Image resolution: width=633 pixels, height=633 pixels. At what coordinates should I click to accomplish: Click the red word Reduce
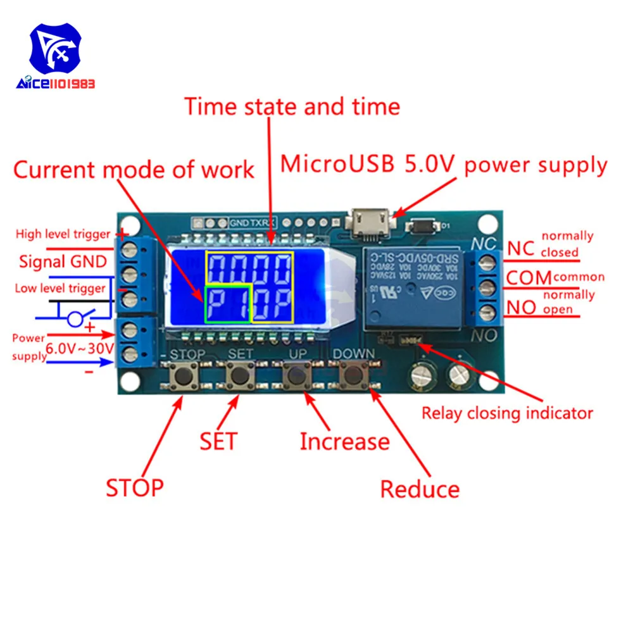(420, 489)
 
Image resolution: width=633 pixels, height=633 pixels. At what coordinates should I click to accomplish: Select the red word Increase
(344, 441)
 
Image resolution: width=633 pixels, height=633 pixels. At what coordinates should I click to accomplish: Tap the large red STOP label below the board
(134, 487)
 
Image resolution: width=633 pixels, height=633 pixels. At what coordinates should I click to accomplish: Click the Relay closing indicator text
(507, 413)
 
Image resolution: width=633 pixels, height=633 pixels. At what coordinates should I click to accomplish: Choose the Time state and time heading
(292, 106)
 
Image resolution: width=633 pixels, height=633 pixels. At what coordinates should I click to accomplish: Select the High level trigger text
(63, 234)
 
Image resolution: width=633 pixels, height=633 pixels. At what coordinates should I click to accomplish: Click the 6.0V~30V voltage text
(79, 347)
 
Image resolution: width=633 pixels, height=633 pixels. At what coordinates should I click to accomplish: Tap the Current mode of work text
(134, 170)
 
